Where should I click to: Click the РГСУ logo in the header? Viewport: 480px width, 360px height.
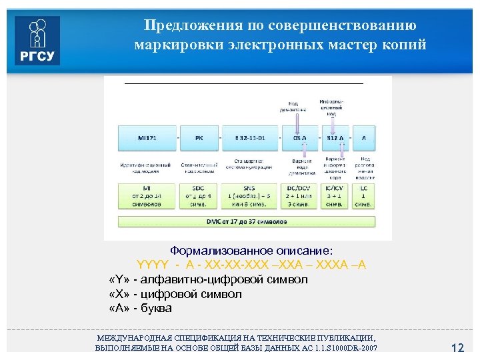click(x=37, y=40)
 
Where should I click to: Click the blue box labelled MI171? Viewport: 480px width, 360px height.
click(x=147, y=138)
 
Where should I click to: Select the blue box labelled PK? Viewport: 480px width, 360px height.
click(x=199, y=138)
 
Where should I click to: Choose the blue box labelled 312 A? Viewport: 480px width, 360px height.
click(x=335, y=138)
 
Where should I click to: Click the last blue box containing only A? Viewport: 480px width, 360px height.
click(x=364, y=138)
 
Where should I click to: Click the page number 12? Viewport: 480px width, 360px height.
click(x=457, y=348)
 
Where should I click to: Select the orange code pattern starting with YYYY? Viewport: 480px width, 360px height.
click(x=251, y=265)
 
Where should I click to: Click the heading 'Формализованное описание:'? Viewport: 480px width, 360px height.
click(x=251, y=251)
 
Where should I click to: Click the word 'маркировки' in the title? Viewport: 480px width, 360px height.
click(x=181, y=45)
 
